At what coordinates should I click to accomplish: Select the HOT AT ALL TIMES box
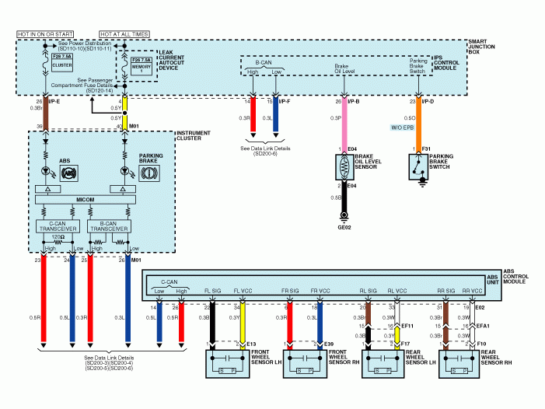pos(124,34)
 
